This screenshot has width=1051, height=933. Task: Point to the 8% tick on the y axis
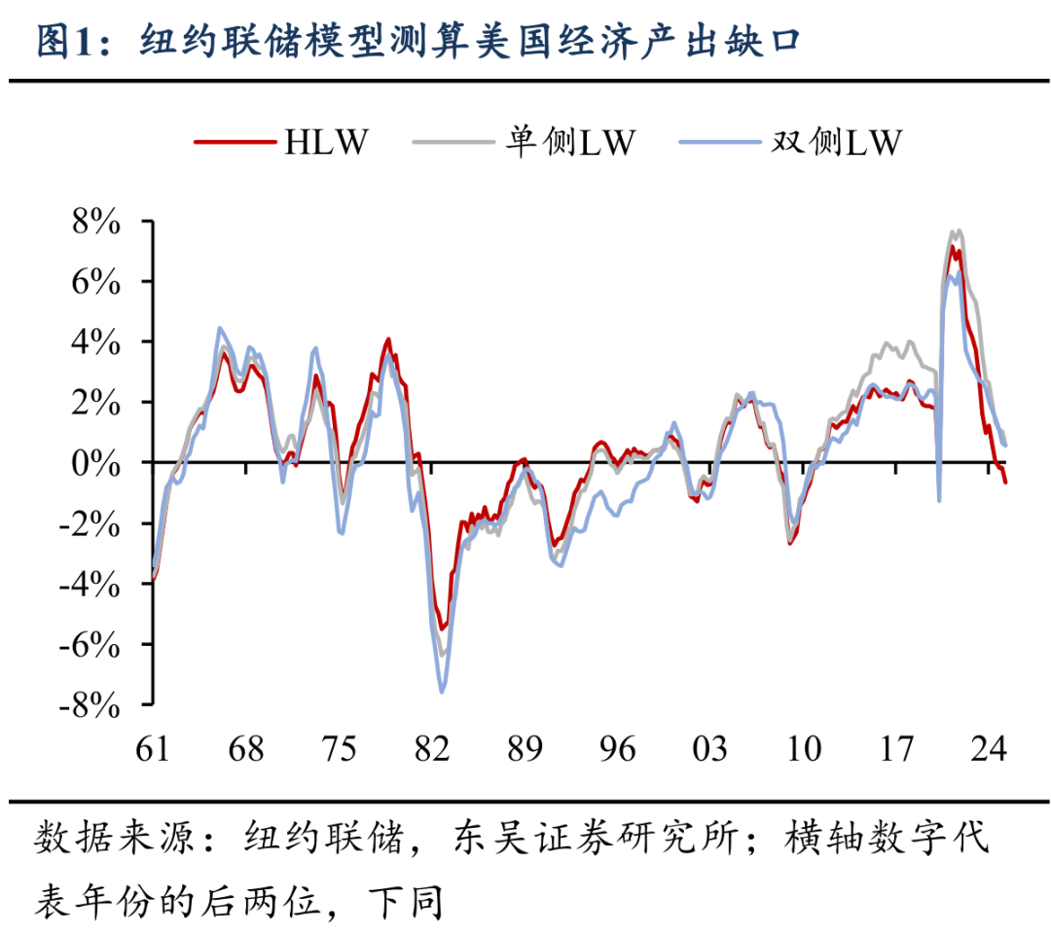[x=94, y=223]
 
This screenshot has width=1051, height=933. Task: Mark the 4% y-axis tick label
[x=94, y=343]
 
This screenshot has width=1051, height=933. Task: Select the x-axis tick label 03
[x=709, y=749]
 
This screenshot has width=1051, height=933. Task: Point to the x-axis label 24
[x=988, y=749]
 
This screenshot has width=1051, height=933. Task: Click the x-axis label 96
[x=617, y=749]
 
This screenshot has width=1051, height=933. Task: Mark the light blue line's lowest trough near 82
[x=443, y=692]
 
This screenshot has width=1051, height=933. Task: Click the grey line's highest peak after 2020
[x=959, y=231]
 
